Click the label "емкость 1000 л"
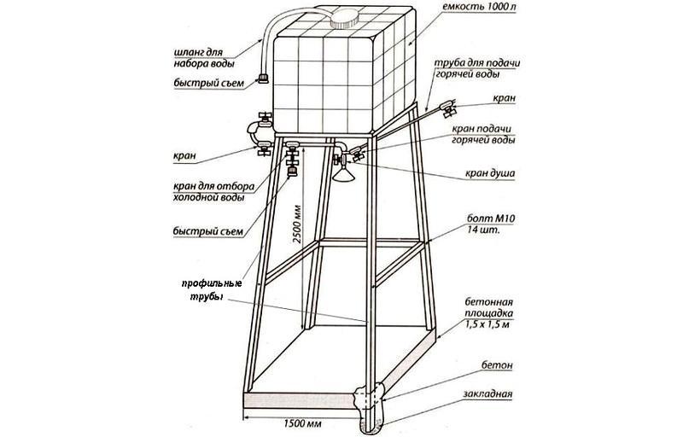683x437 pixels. [479, 8]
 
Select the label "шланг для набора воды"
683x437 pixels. [204, 58]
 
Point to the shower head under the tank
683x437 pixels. [344, 173]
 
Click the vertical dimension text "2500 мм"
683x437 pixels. [297, 224]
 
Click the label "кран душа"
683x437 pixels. [489, 173]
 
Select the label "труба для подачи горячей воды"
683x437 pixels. [477, 68]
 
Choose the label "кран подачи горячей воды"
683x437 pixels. [483, 135]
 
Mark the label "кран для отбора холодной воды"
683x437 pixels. [214, 192]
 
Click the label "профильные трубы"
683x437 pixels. [212, 290]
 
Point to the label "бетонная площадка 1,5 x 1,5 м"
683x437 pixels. [488, 312]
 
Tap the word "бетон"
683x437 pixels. [497, 364]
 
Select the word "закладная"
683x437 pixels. [487, 394]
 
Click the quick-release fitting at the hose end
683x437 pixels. [263, 79]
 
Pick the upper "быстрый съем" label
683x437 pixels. [208, 83]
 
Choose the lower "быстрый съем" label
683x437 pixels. [207, 230]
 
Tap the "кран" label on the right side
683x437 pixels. [504, 98]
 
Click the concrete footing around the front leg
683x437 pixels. [370, 399]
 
